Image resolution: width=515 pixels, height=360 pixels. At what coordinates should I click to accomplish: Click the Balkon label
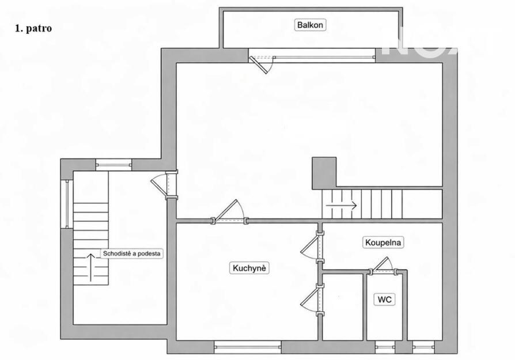coord(310,25)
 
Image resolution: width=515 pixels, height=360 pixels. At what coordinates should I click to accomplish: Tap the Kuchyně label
coord(249,268)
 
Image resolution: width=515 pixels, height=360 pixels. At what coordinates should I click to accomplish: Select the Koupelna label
coord(383,242)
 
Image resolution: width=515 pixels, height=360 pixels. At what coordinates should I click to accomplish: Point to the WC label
coord(384,300)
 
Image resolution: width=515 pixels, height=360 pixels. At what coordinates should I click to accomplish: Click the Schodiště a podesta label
coord(131,253)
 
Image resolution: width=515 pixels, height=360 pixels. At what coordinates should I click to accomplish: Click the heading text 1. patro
coord(33,28)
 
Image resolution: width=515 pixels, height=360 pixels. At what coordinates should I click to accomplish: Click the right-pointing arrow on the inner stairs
coord(341,206)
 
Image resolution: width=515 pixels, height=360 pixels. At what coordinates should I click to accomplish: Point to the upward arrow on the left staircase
coord(91,267)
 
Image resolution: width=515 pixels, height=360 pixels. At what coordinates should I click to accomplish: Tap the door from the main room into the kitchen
coord(229,211)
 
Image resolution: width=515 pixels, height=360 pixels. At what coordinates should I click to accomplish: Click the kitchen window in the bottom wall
coord(248,347)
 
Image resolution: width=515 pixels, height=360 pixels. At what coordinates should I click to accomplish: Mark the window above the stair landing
coord(113,165)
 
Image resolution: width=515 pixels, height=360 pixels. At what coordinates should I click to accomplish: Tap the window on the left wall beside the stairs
coord(67,204)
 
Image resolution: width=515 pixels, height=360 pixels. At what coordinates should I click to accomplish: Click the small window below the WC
coord(385,347)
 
